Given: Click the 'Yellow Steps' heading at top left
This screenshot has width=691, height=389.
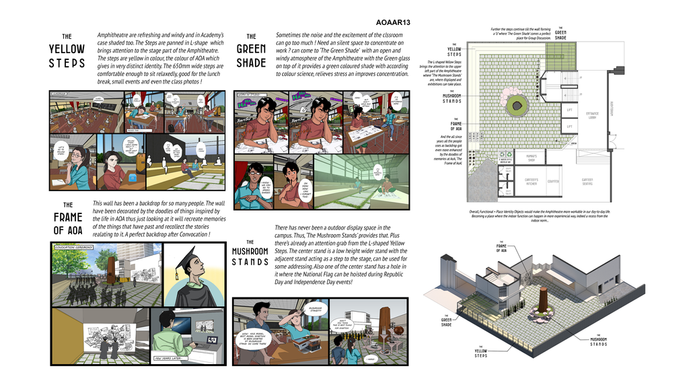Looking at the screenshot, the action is (x=67, y=52).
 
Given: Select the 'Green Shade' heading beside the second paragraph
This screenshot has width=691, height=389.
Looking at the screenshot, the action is (x=251, y=52).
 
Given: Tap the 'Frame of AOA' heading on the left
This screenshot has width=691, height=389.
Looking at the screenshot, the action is (x=67, y=220).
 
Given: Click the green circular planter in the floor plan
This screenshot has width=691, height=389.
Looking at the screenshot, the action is (x=517, y=104).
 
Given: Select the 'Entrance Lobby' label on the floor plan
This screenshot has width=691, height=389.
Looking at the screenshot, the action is (x=592, y=115).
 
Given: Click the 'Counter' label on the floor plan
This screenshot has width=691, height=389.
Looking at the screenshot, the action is (x=554, y=181).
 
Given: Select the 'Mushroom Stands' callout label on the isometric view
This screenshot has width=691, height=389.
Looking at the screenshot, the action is (x=598, y=341).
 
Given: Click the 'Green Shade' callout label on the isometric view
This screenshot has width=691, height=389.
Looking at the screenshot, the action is (x=447, y=321).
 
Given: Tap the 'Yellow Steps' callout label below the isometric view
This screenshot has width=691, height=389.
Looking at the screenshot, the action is (x=480, y=352).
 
